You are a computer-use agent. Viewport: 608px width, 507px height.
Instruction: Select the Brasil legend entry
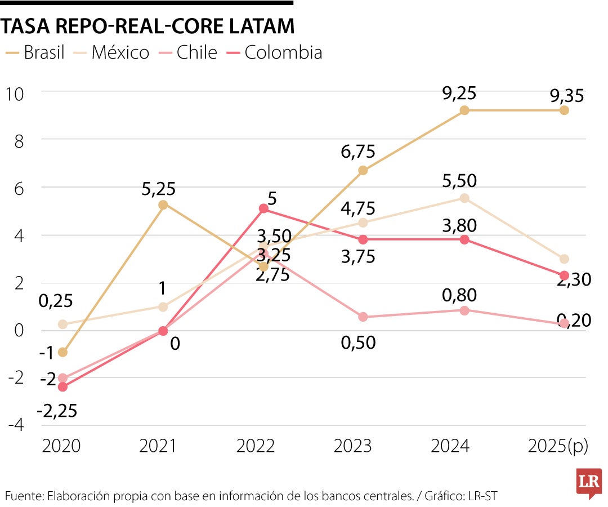[x=35, y=52]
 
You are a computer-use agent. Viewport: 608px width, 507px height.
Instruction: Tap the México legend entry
[x=113, y=52]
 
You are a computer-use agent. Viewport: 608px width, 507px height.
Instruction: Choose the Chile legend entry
[x=189, y=52]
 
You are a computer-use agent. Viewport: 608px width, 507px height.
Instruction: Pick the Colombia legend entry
[x=275, y=52]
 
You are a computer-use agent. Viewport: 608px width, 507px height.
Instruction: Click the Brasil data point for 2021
[x=163, y=204]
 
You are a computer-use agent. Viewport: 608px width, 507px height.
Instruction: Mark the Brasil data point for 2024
[x=464, y=110]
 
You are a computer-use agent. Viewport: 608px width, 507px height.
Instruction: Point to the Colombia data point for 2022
[x=263, y=208]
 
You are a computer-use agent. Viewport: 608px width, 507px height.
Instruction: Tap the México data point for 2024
[x=464, y=198]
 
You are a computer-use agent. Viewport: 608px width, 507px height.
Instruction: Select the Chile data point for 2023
[x=363, y=317]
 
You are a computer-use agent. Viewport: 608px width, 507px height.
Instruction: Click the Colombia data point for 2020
[x=62, y=387]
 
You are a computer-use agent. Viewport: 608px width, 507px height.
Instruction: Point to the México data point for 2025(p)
[x=564, y=259]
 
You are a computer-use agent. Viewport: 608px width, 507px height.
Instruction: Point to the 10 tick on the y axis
[x=15, y=93]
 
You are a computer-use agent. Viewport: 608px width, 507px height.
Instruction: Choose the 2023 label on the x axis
[x=353, y=446]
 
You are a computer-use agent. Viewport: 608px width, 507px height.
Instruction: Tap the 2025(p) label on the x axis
[x=558, y=446]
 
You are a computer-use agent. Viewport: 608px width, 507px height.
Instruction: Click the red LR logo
[x=588, y=483]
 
